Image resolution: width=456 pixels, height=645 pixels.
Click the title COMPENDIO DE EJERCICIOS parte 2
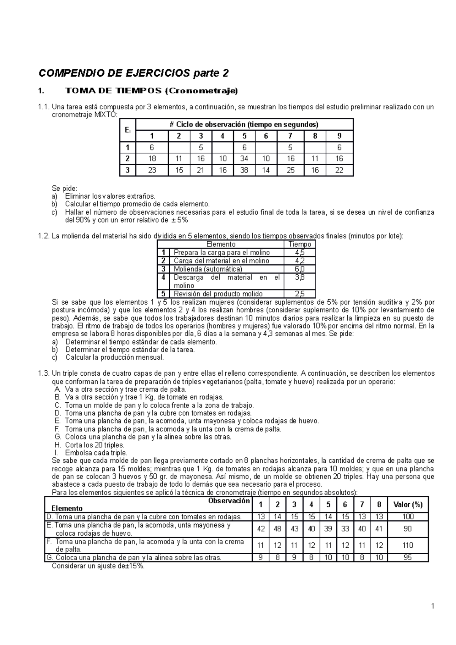tap(134, 73)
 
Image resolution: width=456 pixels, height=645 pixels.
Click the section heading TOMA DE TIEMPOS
tap(151, 91)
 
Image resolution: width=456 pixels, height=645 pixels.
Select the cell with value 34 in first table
tap(244, 159)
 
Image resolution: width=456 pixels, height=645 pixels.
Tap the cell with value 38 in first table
tap(244, 170)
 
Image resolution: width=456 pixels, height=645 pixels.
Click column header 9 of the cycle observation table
tap(339, 136)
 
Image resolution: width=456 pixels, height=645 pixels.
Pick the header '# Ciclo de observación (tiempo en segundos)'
tap(244, 125)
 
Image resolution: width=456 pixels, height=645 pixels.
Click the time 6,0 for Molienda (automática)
tap(299, 269)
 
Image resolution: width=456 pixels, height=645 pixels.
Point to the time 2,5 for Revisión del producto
tap(299, 294)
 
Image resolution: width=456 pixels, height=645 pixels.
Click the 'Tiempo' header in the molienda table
tap(299, 244)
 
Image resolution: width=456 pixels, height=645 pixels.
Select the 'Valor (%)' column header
tap(408, 505)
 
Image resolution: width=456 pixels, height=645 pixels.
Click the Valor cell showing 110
tap(408, 545)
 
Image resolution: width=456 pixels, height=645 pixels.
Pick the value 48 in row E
tap(277, 529)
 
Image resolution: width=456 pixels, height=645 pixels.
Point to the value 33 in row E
tap(345, 529)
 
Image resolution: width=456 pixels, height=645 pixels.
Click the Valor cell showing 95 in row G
tap(408, 558)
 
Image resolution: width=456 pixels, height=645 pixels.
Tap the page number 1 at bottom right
tap(432, 605)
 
